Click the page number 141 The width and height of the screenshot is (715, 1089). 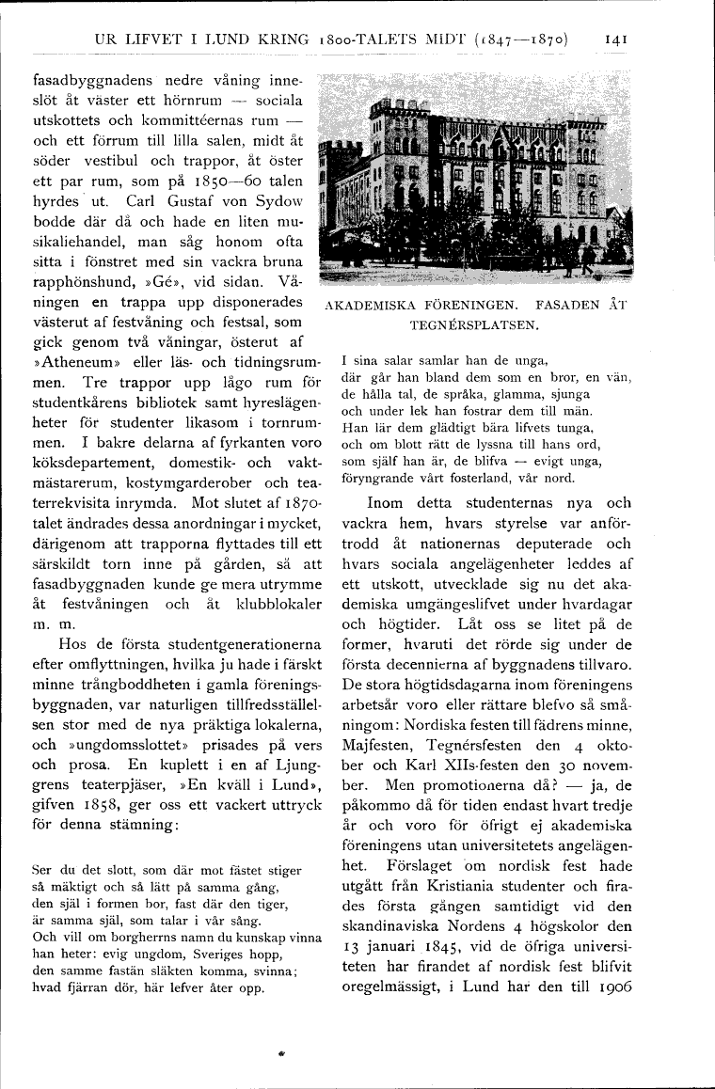[616, 39]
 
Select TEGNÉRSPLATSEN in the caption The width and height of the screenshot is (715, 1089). [473, 325]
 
